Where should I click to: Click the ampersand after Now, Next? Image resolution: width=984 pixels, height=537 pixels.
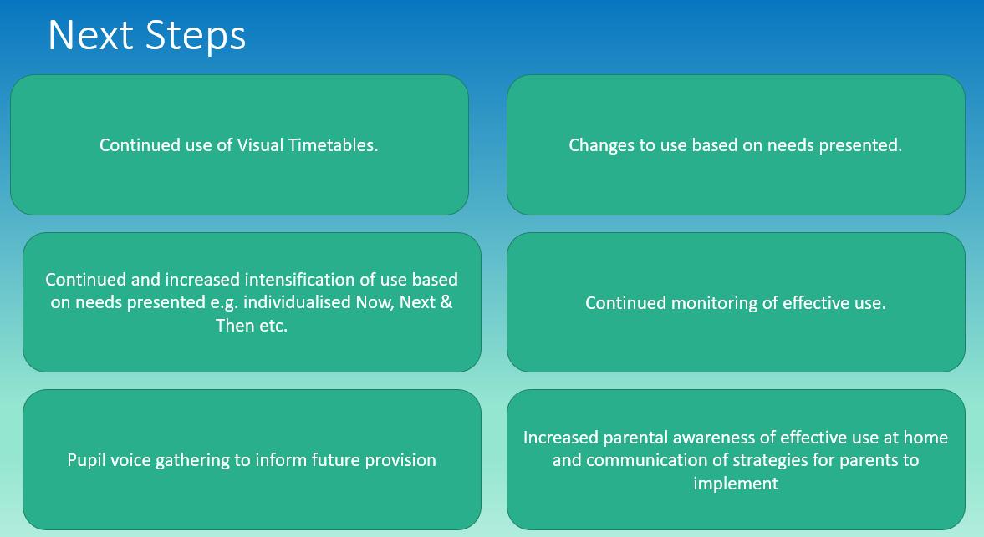446,302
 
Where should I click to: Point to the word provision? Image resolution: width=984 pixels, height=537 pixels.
400,459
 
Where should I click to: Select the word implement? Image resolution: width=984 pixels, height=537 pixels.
736,483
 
